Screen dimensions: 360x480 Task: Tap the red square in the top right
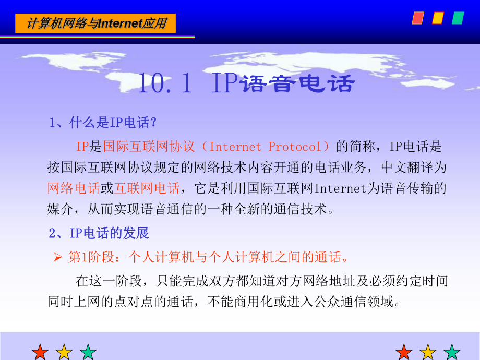pyautogui.click(x=418, y=18)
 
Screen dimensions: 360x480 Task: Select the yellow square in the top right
pyautogui.click(x=438, y=18)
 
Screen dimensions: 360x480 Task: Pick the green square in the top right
pyautogui.click(x=458, y=18)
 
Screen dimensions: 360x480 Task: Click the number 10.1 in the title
pyautogui.click(x=166, y=83)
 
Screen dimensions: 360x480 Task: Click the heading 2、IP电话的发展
pyautogui.click(x=99, y=233)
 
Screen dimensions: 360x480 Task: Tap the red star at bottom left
pyautogui.click(x=40, y=352)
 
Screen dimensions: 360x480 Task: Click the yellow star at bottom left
pyautogui.click(x=64, y=352)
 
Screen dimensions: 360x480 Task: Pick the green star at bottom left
pyautogui.click(x=88, y=352)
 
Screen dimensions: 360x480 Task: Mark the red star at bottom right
pyautogui.click(x=404, y=352)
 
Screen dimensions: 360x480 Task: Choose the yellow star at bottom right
pyautogui.click(x=428, y=352)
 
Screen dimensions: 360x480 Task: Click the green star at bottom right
pyautogui.click(x=452, y=352)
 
